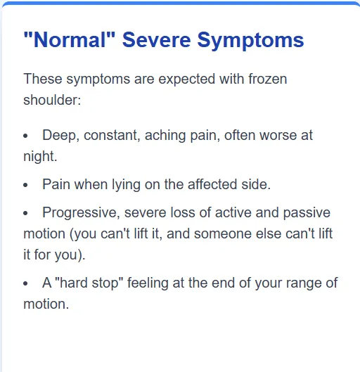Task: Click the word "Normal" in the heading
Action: point(69,39)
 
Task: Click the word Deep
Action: point(60,135)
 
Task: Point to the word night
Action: point(39,156)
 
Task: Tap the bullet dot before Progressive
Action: point(26,213)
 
